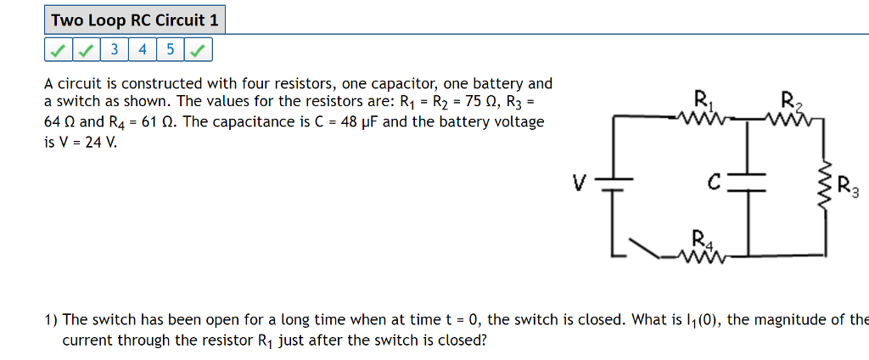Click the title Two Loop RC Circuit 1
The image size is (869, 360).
point(134,20)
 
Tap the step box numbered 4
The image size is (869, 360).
point(142,50)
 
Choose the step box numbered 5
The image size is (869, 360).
point(170,50)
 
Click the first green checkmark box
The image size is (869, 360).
point(57,50)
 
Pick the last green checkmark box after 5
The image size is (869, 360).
point(198,50)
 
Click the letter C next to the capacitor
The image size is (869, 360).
point(715,182)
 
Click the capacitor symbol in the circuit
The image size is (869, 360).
point(747,182)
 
